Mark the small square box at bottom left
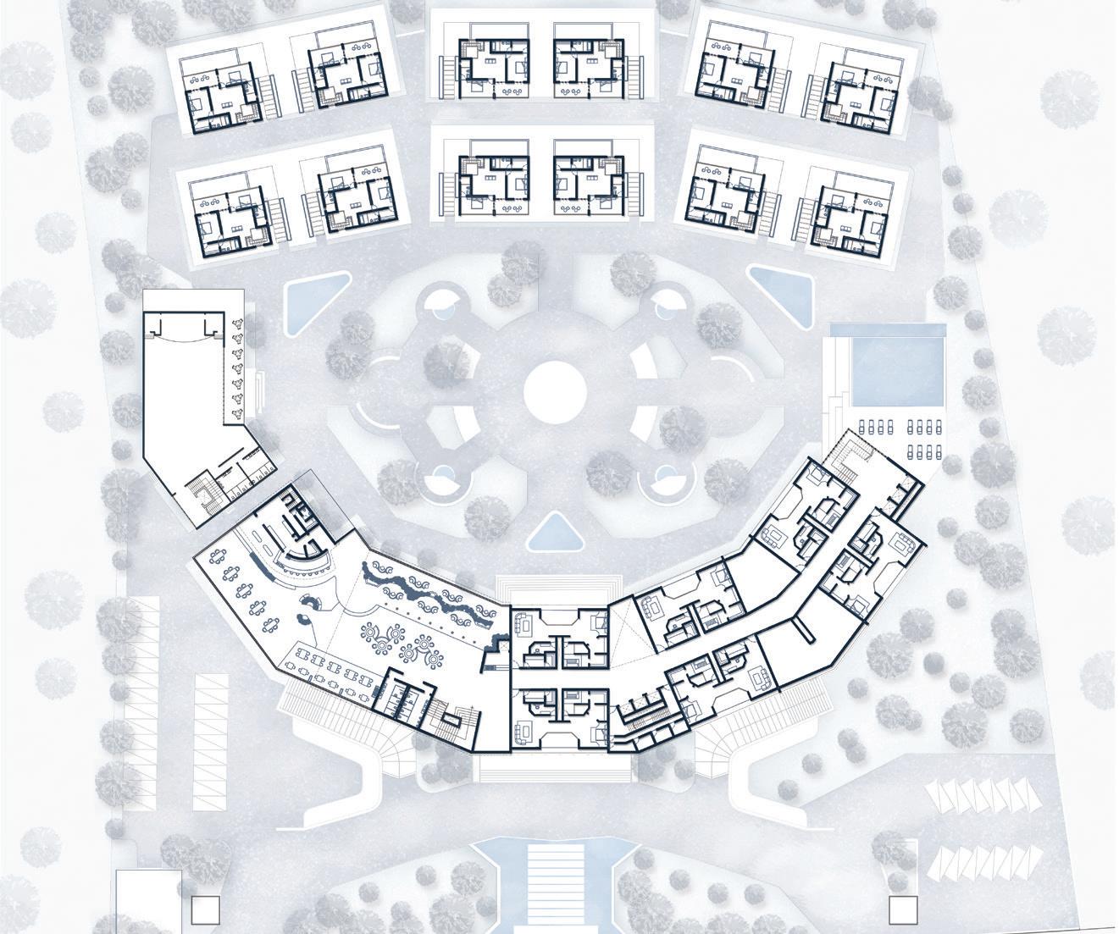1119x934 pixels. pyautogui.click(x=205, y=909)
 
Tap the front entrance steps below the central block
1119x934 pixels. pyautogui.click(x=555, y=768)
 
